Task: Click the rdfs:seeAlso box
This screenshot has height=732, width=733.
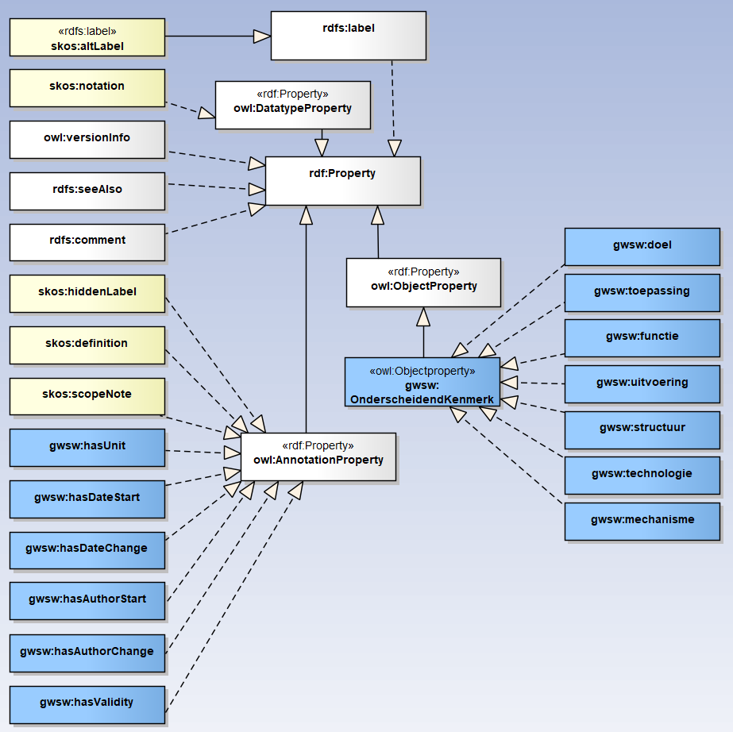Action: [87, 191]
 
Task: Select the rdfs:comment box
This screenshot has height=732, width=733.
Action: [87, 241]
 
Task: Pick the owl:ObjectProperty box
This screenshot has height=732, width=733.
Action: [423, 282]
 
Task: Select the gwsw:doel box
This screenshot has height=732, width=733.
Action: [642, 246]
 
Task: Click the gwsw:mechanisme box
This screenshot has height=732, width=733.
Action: [642, 521]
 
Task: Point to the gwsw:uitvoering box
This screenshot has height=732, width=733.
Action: [642, 383]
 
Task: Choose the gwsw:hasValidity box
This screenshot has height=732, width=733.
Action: [87, 704]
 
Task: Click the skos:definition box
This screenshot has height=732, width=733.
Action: [87, 345]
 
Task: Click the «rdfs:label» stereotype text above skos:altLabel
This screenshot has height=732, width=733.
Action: [87, 32]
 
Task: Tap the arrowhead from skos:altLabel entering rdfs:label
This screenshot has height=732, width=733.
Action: [261, 37]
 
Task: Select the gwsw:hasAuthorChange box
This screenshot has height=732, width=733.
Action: [87, 653]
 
